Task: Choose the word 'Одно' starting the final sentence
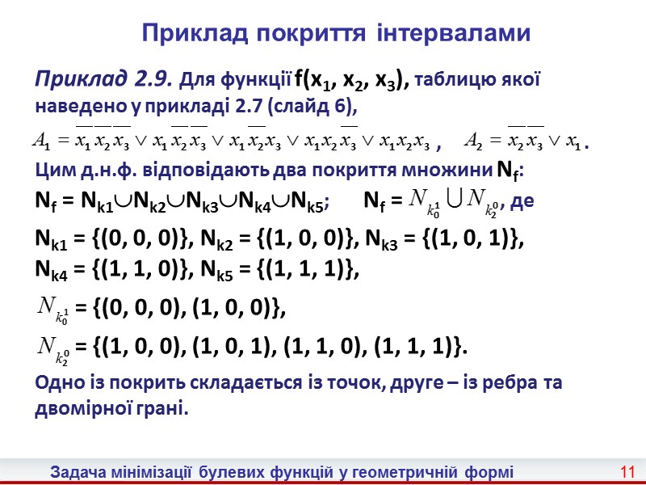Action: (x=57, y=385)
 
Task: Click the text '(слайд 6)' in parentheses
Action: (x=315, y=105)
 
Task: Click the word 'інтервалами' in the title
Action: (x=453, y=33)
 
